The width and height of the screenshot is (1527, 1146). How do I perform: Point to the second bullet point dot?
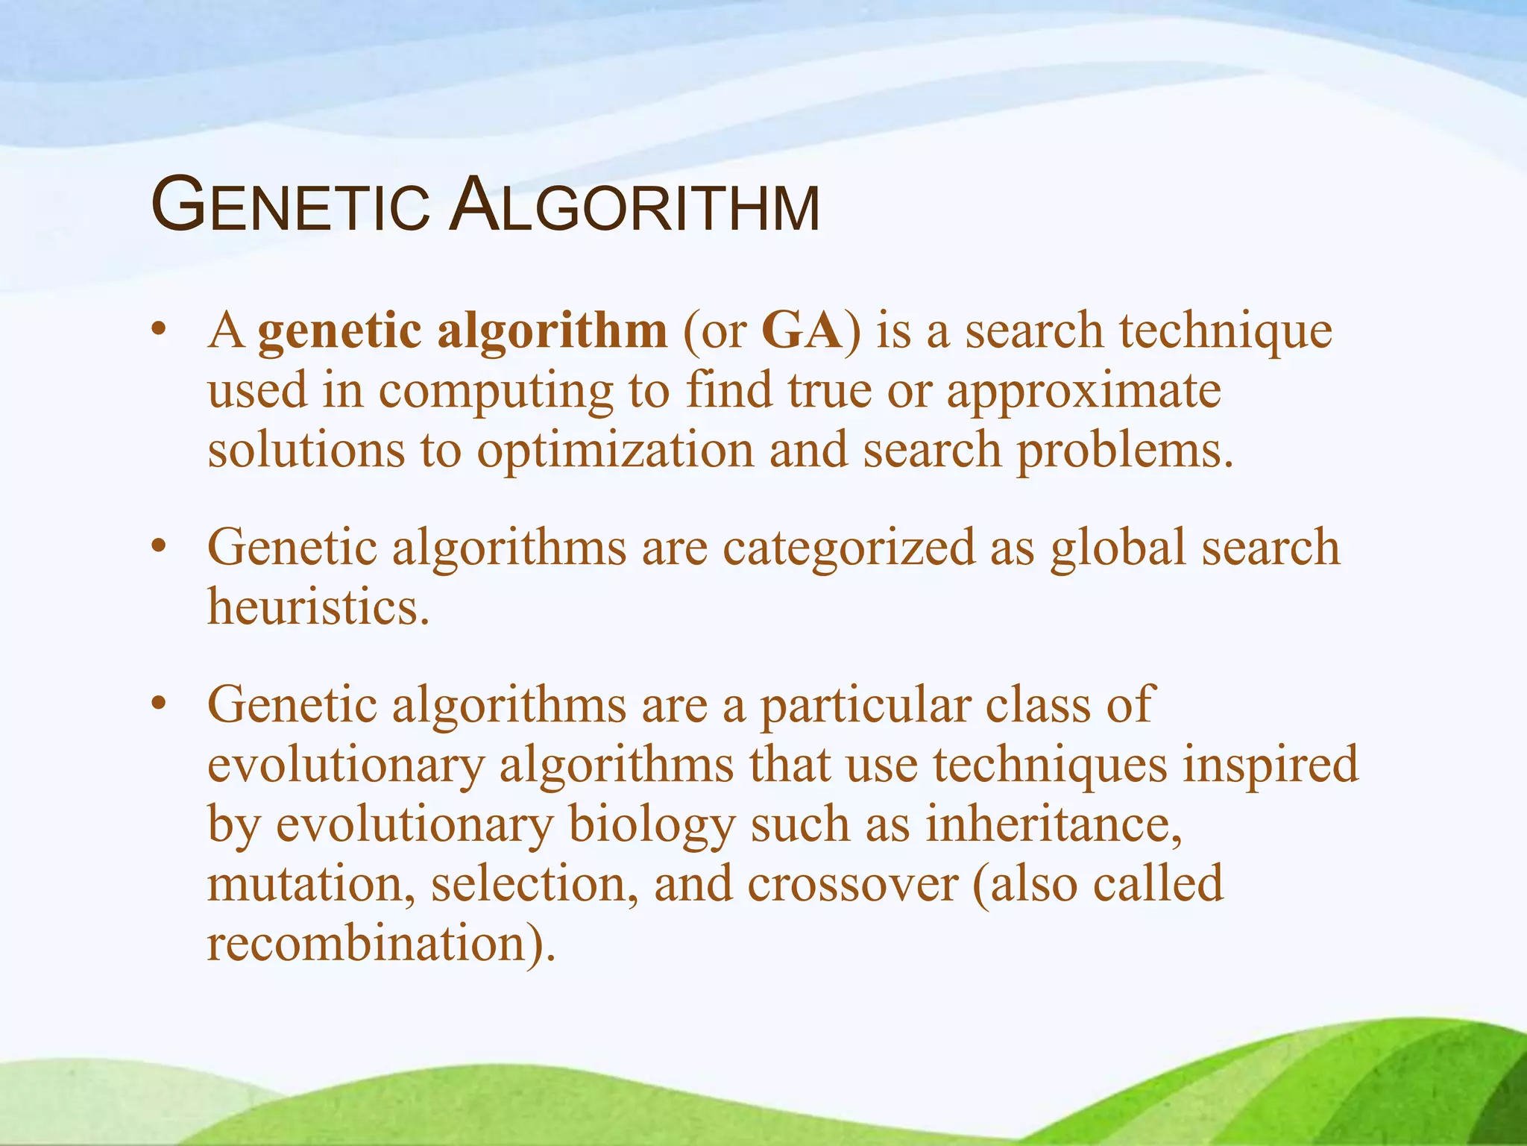[157, 547]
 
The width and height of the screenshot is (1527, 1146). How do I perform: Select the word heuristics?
[318, 607]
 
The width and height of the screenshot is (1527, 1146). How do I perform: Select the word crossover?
[851, 885]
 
